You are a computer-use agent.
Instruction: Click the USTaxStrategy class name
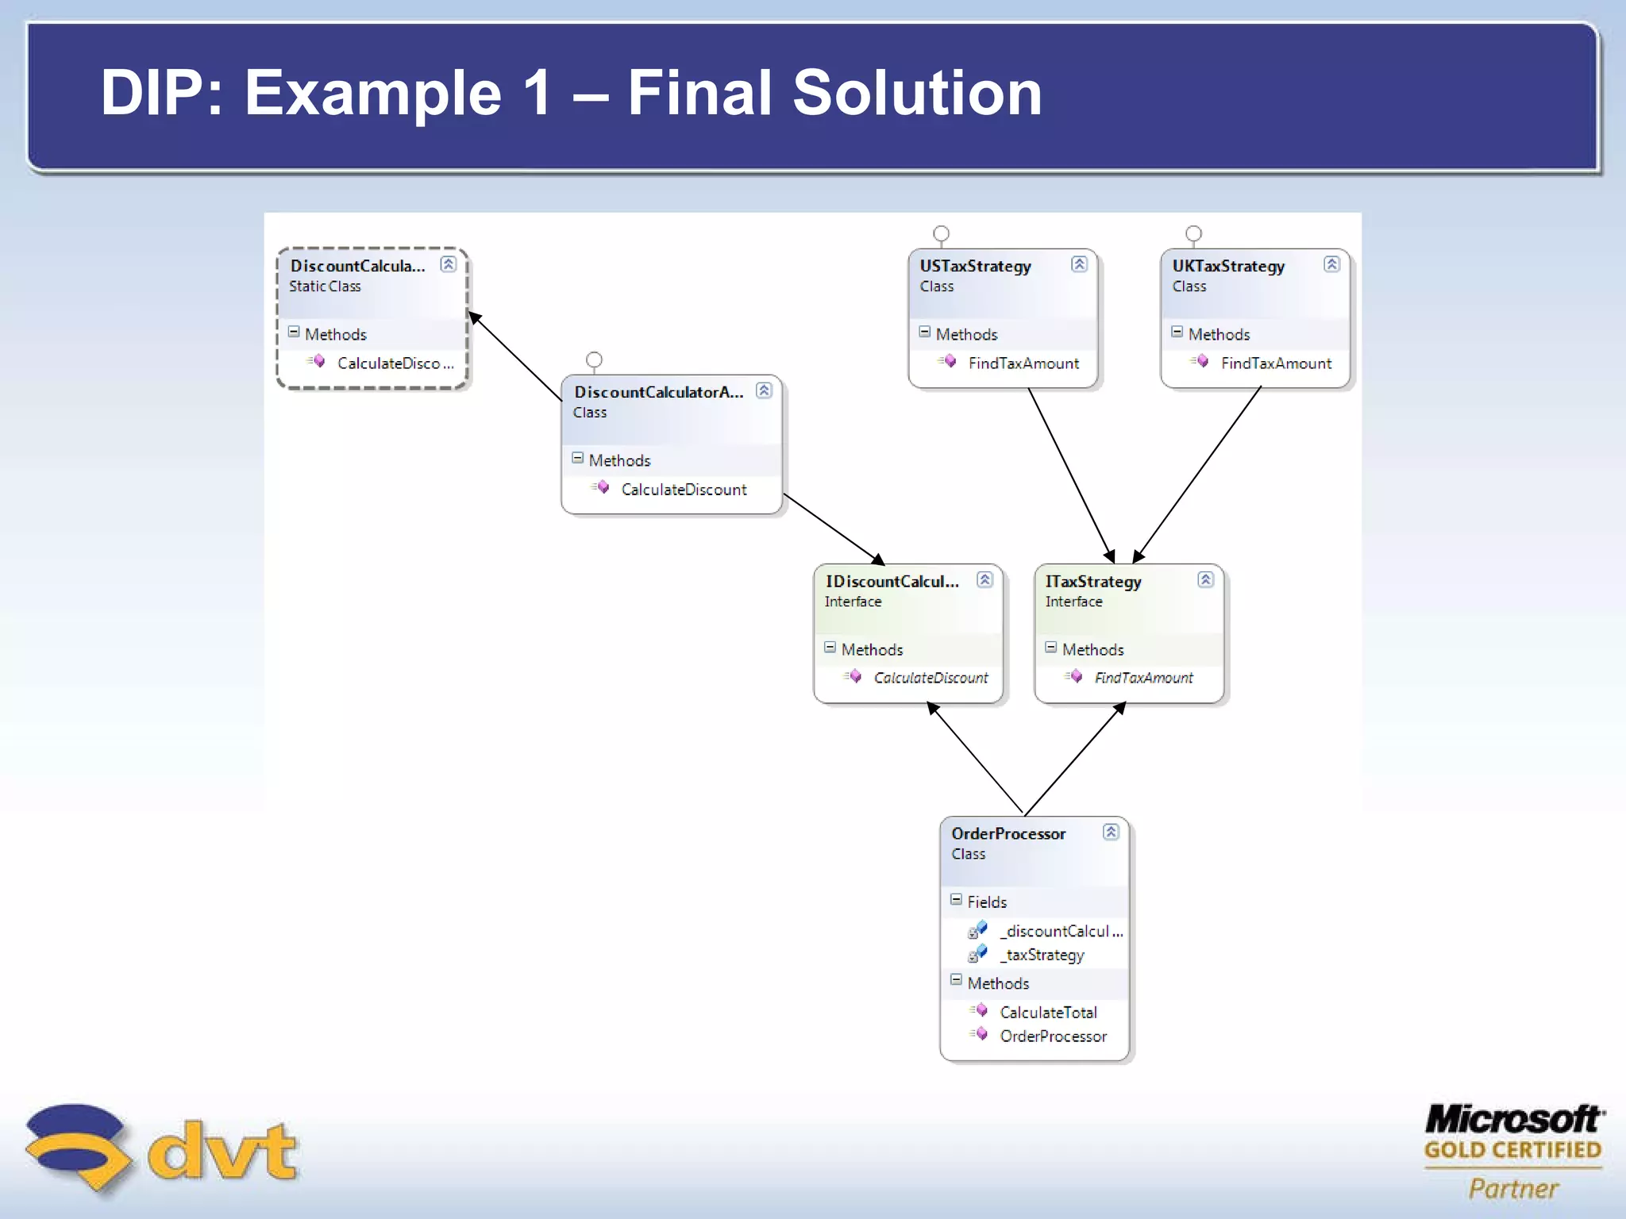coord(975,266)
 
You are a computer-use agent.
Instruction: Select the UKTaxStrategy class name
coord(1227,266)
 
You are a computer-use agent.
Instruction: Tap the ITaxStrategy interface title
coord(1092,582)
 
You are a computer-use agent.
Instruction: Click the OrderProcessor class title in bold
coord(1008,834)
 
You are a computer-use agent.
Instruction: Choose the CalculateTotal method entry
coord(1048,1013)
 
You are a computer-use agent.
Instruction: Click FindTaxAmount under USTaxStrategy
coord(1023,363)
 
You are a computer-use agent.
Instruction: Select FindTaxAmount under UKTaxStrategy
coord(1275,363)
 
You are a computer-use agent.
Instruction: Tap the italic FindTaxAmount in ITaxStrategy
coord(1143,678)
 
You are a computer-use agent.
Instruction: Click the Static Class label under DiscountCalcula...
coord(325,286)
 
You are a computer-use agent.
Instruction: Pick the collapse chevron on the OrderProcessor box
coord(1111,832)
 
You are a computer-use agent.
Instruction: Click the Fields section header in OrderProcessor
coord(986,902)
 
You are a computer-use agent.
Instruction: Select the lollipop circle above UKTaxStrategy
coord(1193,233)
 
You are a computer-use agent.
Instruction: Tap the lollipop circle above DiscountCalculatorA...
coord(594,360)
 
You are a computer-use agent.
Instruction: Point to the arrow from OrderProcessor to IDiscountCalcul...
coord(977,758)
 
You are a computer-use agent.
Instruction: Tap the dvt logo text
coord(222,1151)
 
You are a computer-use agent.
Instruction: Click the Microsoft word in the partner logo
coord(1512,1119)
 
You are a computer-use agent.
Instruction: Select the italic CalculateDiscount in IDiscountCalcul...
coord(931,678)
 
